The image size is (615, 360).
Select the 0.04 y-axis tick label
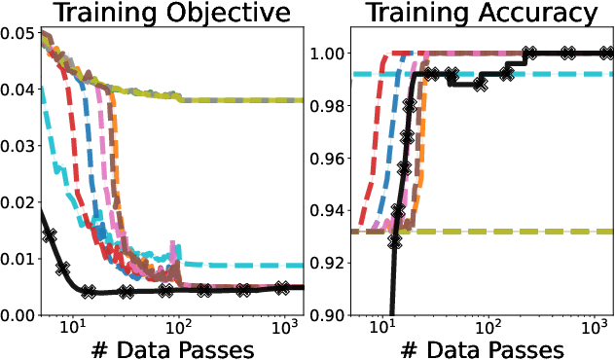18,90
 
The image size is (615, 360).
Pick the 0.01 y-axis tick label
18,259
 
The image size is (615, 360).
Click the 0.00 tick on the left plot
18,315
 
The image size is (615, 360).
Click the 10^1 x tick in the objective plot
74,329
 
